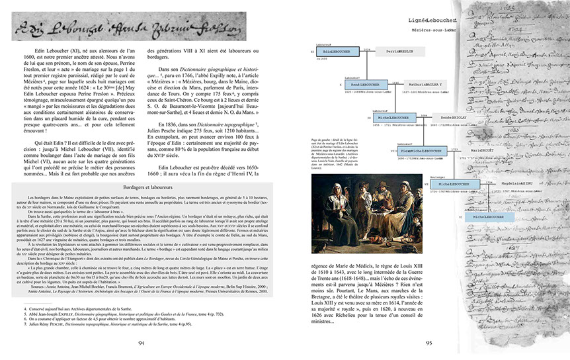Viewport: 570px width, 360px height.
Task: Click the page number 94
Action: pyautogui.click(x=141, y=342)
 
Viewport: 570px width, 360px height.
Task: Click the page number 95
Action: pyautogui.click(x=428, y=342)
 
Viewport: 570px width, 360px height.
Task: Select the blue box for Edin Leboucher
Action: pyautogui.click(x=337, y=51)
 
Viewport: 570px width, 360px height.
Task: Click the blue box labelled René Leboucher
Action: pyautogui.click(x=362, y=85)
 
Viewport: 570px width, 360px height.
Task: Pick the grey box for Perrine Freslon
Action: pyautogui.click(x=396, y=51)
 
